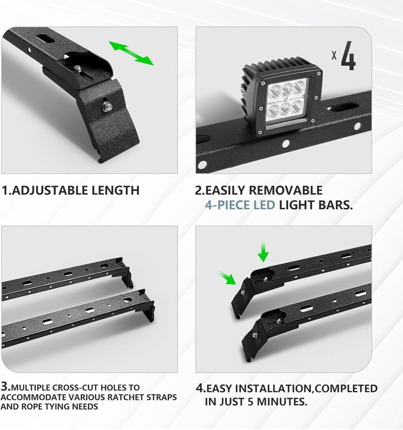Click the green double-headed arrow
coord(131,53)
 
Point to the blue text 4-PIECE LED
coord(240,205)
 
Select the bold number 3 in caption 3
coord(5,387)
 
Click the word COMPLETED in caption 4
coord(344,388)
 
